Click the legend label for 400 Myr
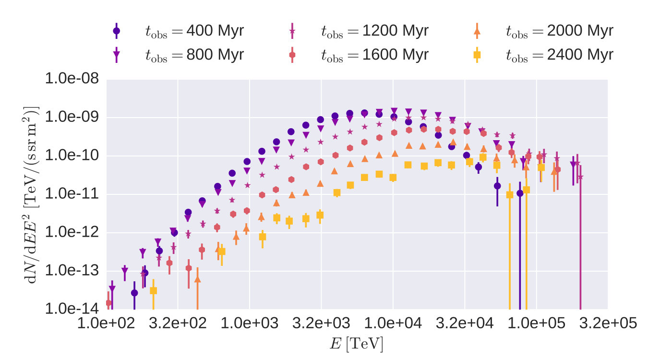pyautogui.click(x=194, y=31)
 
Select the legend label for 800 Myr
pyautogui.click(x=194, y=55)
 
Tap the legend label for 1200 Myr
pyautogui.click(x=374, y=31)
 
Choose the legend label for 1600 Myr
pyautogui.click(x=374, y=55)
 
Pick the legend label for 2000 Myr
pyautogui.click(x=560, y=31)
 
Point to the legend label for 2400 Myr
pyautogui.click(x=560, y=55)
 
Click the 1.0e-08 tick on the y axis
pyautogui.click(x=72, y=78)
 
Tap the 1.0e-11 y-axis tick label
pyautogui.click(x=72, y=193)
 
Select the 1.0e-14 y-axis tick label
pyautogui.click(x=72, y=309)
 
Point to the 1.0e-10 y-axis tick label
pyautogui.click(x=72, y=155)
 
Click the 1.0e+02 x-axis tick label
pyautogui.click(x=106, y=323)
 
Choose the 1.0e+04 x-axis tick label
pyautogui.click(x=393, y=323)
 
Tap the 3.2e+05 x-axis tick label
pyautogui.click(x=608, y=323)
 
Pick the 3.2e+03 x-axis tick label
pyautogui.click(x=321, y=323)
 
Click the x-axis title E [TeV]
pyautogui.click(x=357, y=344)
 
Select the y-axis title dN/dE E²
pyautogui.click(x=31, y=194)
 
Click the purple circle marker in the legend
pyautogui.click(x=116, y=31)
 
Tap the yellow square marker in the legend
pyautogui.click(x=477, y=55)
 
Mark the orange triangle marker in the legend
pyautogui.click(x=477, y=31)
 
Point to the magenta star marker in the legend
pyautogui.click(x=292, y=31)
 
